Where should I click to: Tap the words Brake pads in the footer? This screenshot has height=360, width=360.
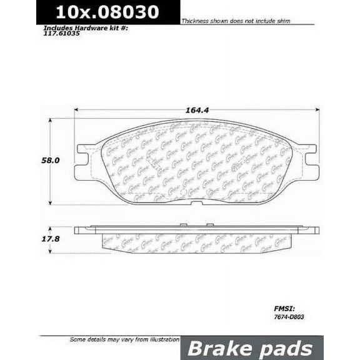(x=252, y=348)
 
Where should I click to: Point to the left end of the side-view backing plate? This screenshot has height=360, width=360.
(x=77, y=230)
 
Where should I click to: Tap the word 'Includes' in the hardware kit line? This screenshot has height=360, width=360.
(x=57, y=28)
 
